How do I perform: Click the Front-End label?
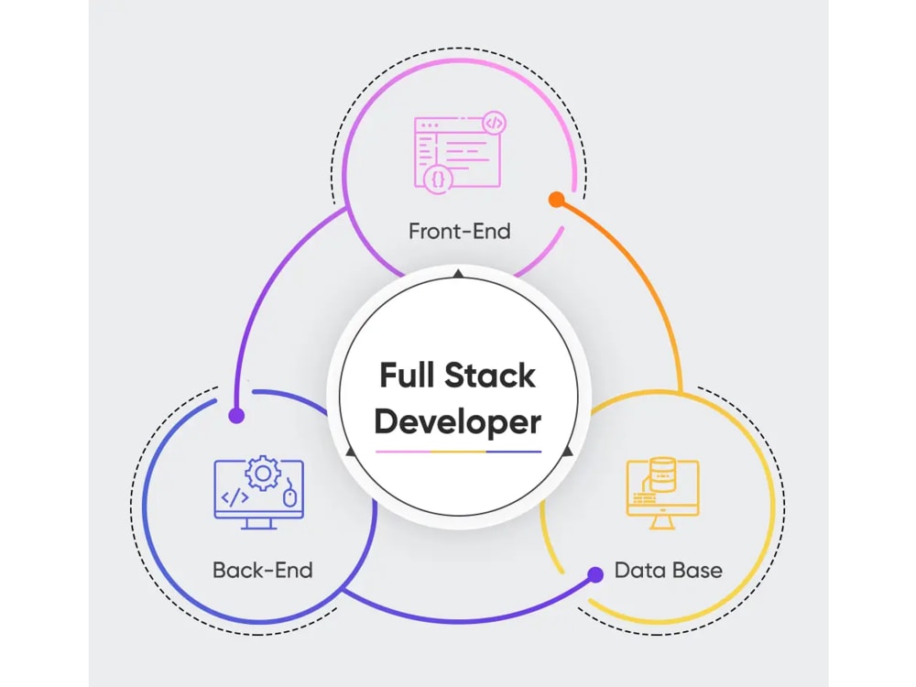[x=459, y=230]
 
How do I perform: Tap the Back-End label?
[x=263, y=570]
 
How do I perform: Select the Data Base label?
[x=668, y=570]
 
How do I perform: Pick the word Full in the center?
[x=407, y=376]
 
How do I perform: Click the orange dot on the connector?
[x=555, y=198]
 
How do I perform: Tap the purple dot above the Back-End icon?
[x=236, y=416]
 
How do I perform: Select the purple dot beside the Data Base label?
[x=595, y=574]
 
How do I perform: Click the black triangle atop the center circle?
[x=458, y=274]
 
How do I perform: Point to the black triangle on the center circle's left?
[x=349, y=452]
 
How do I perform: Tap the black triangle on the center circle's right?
[x=567, y=452]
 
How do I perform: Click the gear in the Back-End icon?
[x=264, y=474]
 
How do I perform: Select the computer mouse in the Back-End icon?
[x=290, y=496]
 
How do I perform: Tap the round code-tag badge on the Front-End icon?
[x=494, y=122]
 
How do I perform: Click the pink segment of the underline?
[x=403, y=452]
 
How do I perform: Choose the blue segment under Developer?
[x=513, y=452]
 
